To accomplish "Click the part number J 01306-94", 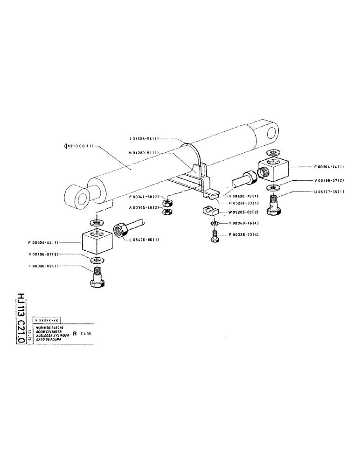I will tap(144, 138).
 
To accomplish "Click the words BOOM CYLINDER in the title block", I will tap(46, 331).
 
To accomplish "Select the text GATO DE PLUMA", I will tap(45, 339).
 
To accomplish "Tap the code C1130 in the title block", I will tap(85, 334).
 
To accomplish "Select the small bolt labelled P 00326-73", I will tap(215, 236).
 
